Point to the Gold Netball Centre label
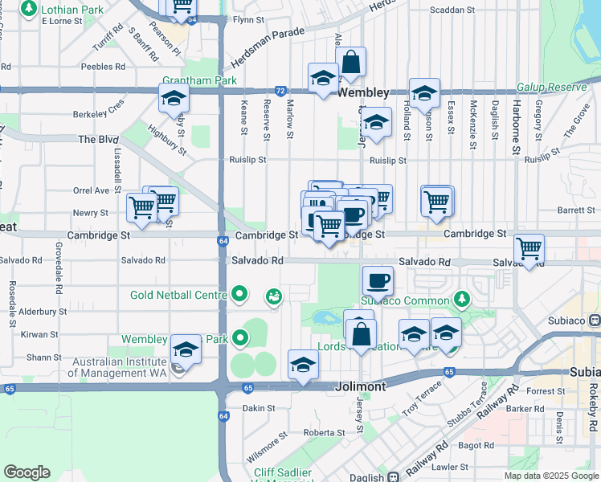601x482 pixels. pos(178,295)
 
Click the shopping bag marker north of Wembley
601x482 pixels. pos(351,62)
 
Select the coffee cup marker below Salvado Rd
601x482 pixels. pos(378,281)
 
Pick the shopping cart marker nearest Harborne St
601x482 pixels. pos(529,249)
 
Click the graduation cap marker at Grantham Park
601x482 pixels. pos(174,99)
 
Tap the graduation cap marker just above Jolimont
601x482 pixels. pos(303,364)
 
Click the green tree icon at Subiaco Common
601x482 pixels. pos(462,300)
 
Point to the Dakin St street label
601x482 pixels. pos(259,408)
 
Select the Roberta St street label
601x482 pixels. pos(324,432)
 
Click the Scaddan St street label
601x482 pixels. pos(452,10)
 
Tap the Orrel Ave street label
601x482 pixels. pos(91,191)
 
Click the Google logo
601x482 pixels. pos(27,473)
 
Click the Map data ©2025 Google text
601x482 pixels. pos(551,476)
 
